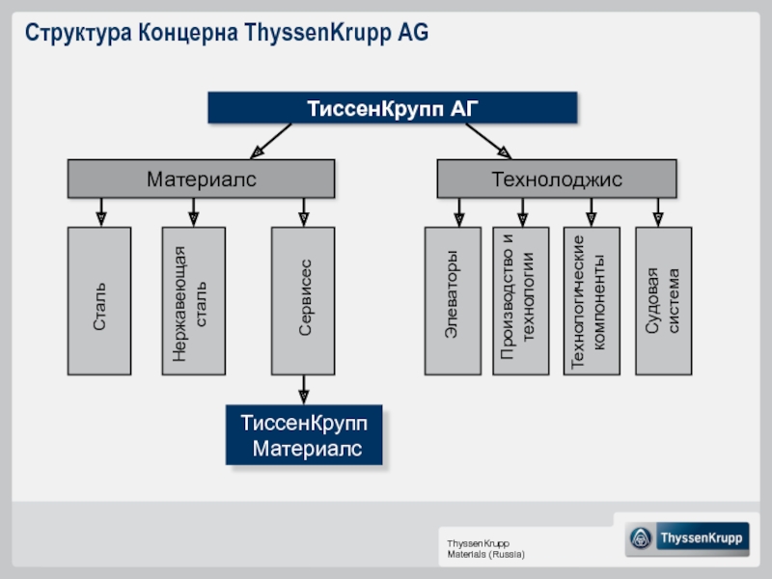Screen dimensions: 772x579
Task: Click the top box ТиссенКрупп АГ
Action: [x=393, y=107]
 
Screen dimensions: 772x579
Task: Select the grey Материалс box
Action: [x=201, y=179]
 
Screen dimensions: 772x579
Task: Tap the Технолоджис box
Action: [x=557, y=179]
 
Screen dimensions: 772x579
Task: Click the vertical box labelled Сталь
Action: [x=99, y=301]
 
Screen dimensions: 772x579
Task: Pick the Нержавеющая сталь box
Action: [x=194, y=301]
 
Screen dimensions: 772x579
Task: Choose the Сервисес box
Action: [x=303, y=301]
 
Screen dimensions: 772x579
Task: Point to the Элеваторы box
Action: [x=453, y=301]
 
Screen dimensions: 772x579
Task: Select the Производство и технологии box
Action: [x=521, y=301]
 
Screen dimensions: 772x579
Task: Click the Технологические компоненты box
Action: [x=592, y=301]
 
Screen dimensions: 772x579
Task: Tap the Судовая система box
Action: [x=664, y=301]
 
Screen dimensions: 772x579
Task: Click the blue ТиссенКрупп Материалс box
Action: [x=304, y=435]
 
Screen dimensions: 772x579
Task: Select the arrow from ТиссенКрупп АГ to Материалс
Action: [x=271, y=141]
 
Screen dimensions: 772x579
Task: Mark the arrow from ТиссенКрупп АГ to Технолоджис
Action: [x=488, y=141]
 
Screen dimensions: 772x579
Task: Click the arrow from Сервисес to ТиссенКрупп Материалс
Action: [x=304, y=390]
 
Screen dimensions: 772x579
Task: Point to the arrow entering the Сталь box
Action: [x=101, y=212]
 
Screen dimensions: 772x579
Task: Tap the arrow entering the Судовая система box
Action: [x=658, y=212]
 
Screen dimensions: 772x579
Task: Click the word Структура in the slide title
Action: [x=78, y=33]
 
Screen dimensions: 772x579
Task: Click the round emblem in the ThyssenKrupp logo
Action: [x=641, y=538]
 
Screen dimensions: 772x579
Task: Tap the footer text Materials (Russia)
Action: [x=486, y=554]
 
